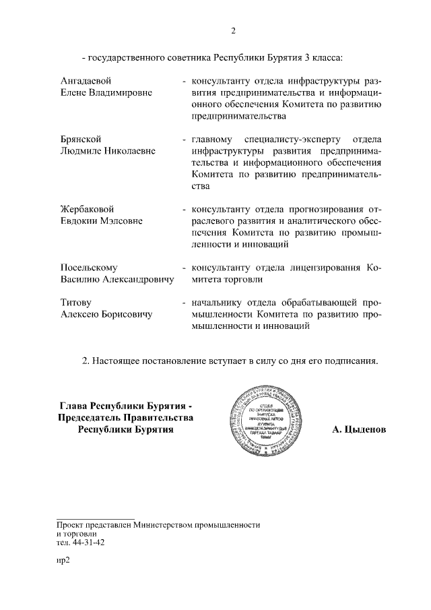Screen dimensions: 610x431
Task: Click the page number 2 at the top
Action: (x=233, y=30)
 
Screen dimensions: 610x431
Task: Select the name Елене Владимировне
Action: (x=106, y=92)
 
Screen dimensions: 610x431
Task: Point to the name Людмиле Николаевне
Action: (x=108, y=151)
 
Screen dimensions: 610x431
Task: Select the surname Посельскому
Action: (x=89, y=267)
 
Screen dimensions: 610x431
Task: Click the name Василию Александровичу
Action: (x=117, y=279)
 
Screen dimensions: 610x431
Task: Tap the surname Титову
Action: (x=75, y=302)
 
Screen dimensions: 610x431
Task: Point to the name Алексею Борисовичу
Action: (x=106, y=314)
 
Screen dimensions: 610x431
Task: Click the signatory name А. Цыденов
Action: (x=360, y=429)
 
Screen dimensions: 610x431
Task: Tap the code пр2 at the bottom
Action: (x=64, y=559)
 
